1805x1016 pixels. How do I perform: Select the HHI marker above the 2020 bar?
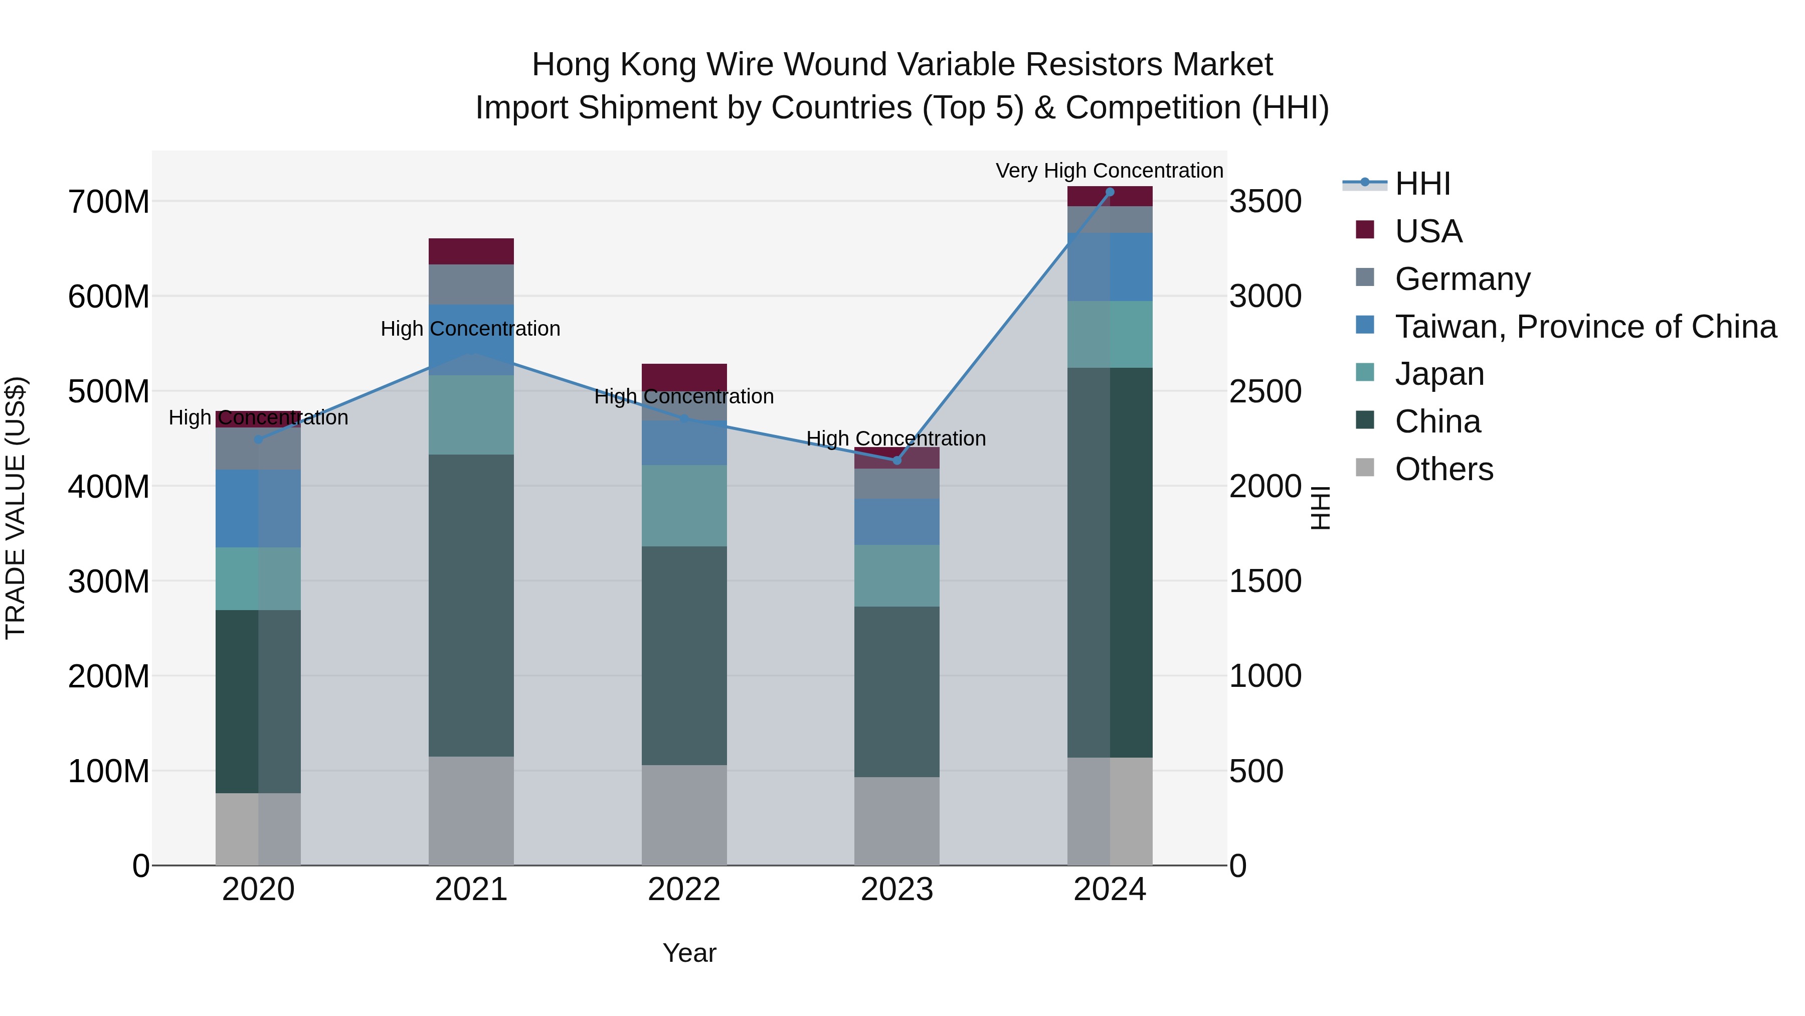pyautogui.click(x=258, y=440)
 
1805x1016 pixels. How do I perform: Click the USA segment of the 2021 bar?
pyautogui.click(x=471, y=251)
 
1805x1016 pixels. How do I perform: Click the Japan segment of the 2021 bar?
pyautogui.click(x=471, y=414)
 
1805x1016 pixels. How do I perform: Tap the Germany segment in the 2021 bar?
pyautogui.click(x=471, y=284)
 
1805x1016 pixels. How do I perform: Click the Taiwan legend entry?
pyautogui.click(x=1585, y=327)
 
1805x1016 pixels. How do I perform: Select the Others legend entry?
pyautogui.click(x=1443, y=469)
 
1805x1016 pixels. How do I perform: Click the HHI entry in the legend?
pyautogui.click(x=1422, y=184)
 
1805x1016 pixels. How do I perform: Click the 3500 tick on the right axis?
pyautogui.click(x=1266, y=202)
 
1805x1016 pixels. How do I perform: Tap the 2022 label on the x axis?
pyautogui.click(x=684, y=890)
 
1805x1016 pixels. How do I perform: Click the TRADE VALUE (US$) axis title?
pyautogui.click(x=16, y=508)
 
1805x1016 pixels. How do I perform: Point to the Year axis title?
pyautogui.click(x=689, y=953)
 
